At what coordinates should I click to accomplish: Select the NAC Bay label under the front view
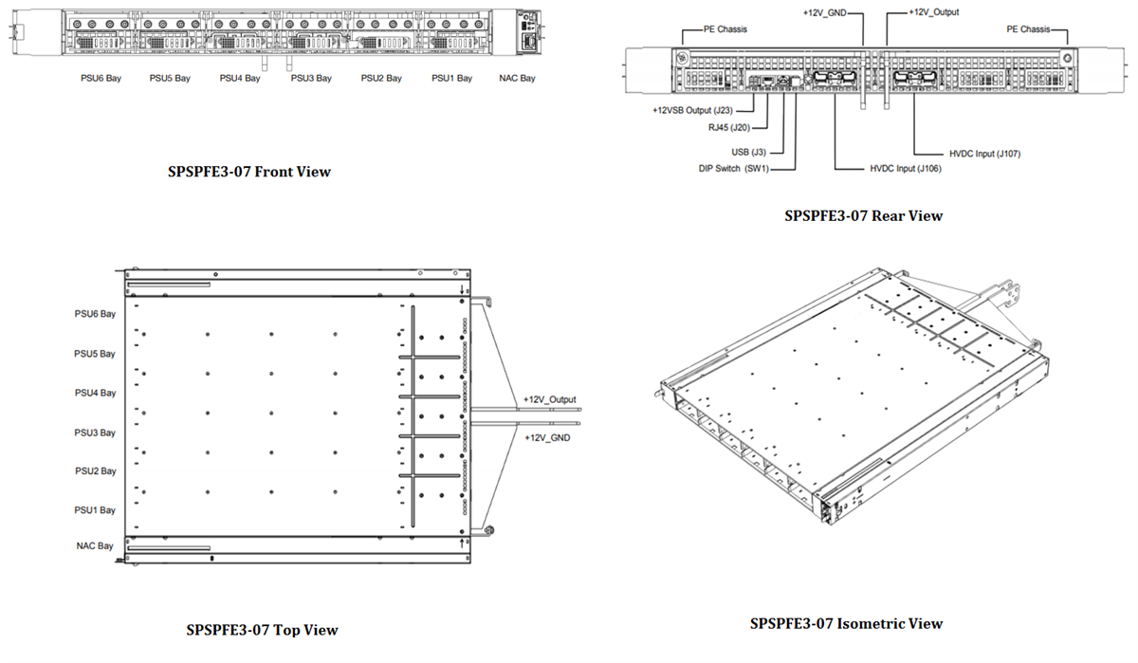point(516,79)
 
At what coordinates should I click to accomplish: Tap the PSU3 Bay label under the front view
point(310,79)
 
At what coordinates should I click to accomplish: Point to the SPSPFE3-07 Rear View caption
point(864,215)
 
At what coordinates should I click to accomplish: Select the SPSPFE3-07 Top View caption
point(262,630)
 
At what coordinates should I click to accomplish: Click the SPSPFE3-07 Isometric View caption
point(846,623)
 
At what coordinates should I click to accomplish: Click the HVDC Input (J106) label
point(906,168)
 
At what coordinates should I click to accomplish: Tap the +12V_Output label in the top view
point(549,399)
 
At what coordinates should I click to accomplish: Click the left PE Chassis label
point(725,29)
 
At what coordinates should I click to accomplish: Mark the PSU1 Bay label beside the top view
point(95,510)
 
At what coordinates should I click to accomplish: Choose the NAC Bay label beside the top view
point(95,545)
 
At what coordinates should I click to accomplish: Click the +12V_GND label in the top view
point(546,438)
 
